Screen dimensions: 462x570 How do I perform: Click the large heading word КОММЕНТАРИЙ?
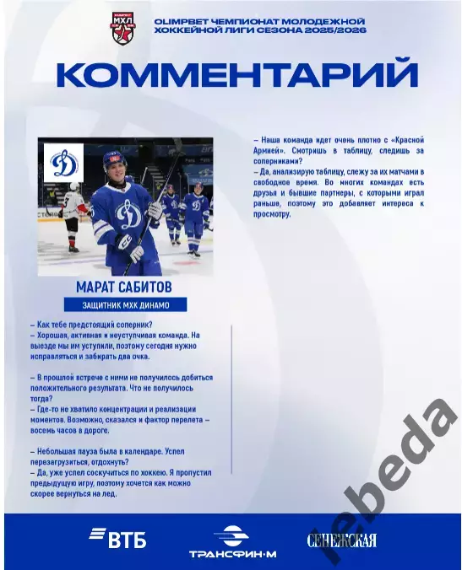click(x=238, y=74)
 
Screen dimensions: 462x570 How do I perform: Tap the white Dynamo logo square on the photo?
click(x=63, y=163)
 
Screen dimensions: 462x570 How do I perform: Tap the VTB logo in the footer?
click(x=118, y=538)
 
